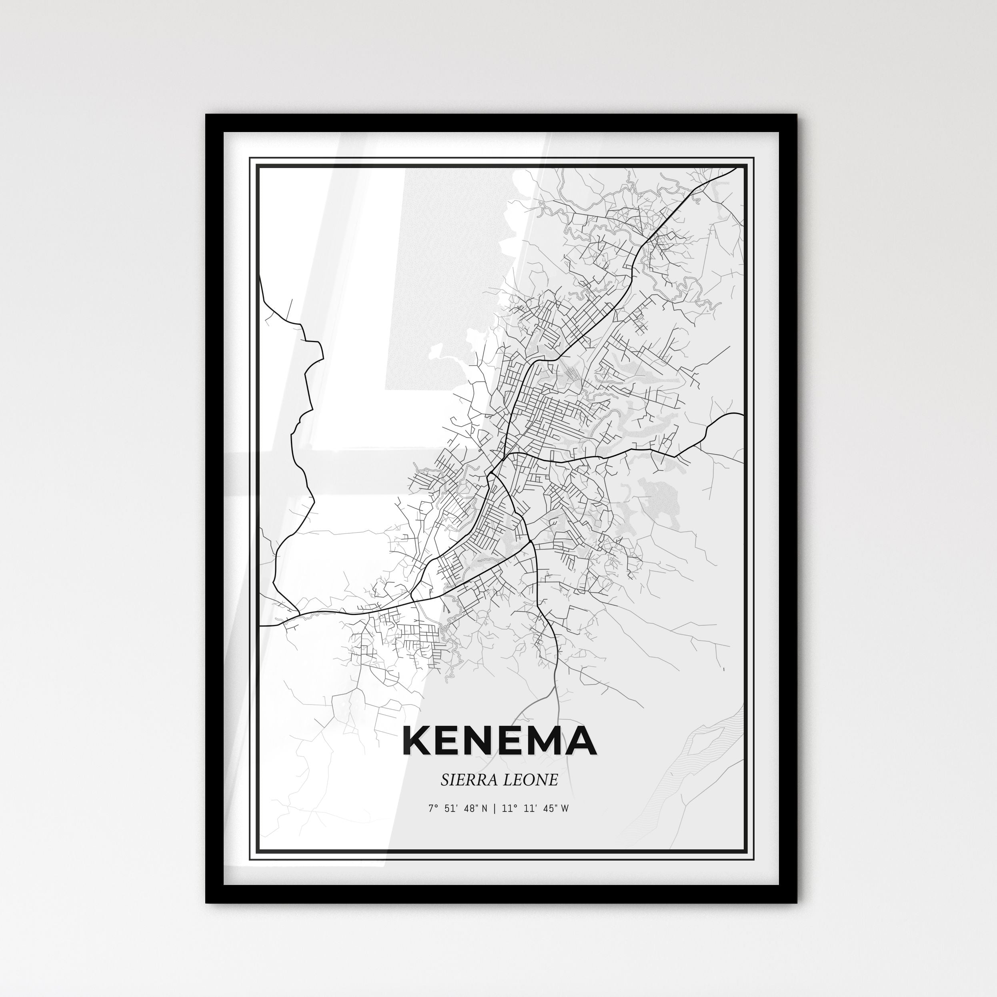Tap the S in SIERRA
[x=444, y=780]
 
